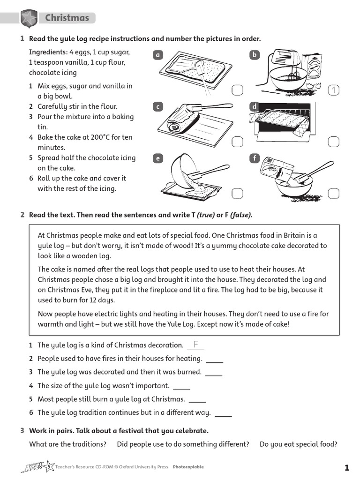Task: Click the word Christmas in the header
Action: click(x=67, y=18)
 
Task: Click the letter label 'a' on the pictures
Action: click(x=158, y=55)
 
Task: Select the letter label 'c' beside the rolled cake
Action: click(x=158, y=107)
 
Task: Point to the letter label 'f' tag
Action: click(x=255, y=158)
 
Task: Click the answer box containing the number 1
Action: click(x=333, y=90)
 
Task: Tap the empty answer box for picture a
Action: click(x=237, y=90)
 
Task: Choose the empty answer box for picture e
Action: click(x=237, y=193)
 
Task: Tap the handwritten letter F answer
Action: click(x=195, y=345)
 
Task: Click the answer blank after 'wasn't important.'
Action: click(x=182, y=386)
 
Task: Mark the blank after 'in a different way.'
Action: click(x=223, y=413)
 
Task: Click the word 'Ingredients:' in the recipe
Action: click(x=48, y=52)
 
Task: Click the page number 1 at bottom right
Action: click(x=346, y=467)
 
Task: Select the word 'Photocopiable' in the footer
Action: click(x=188, y=467)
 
